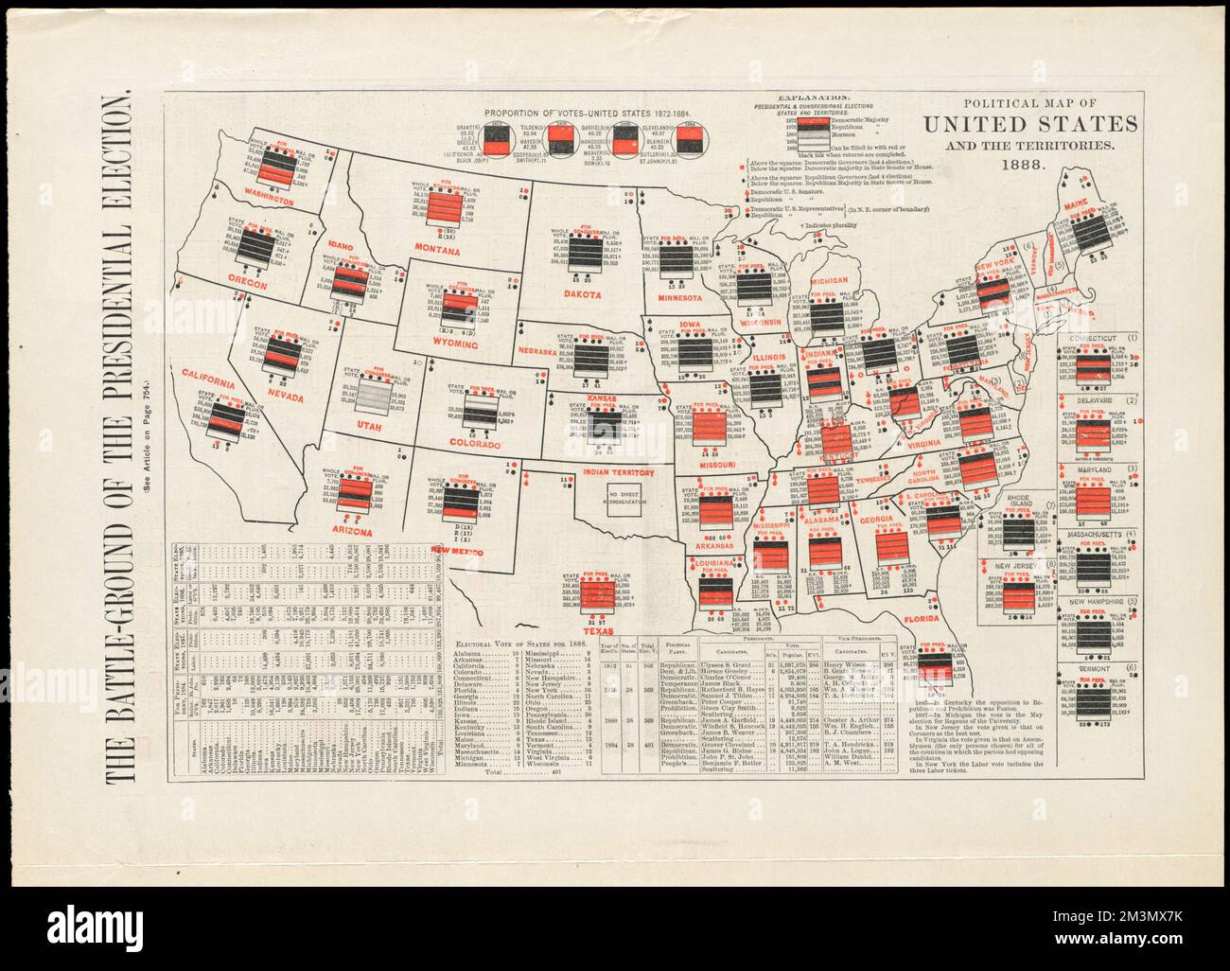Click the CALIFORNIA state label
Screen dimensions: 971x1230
click(x=203, y=381)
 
